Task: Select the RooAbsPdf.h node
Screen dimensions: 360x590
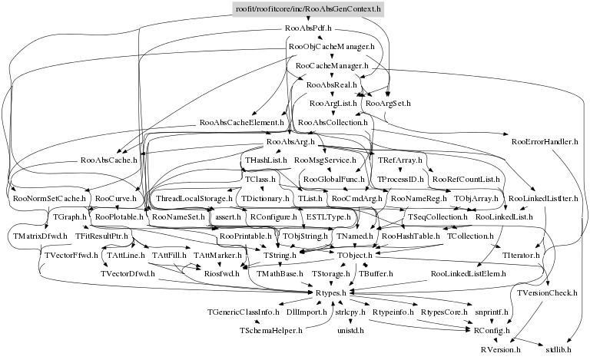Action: pos(307,28)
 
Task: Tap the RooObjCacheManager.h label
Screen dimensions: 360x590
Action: pos(331,48)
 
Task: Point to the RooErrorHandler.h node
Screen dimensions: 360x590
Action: pos(544,141)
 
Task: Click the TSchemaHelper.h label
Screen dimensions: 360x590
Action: pos(270,330)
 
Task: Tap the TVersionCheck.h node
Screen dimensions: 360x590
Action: pos(549,292)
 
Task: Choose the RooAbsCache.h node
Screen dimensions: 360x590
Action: pos(108,160)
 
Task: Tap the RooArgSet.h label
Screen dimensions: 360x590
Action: pos(388,103)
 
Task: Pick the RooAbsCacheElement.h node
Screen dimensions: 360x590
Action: pos(241,122)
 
